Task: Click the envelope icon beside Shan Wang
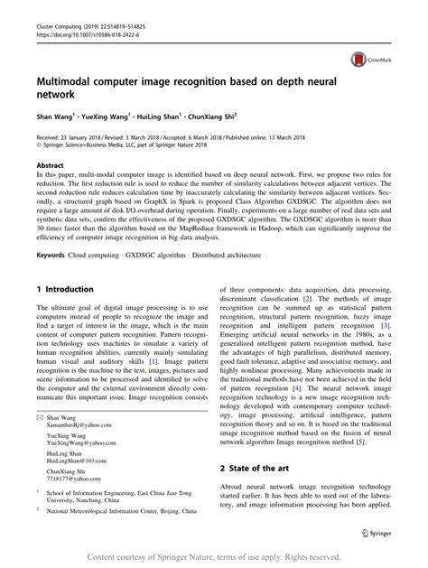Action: point(39,419)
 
